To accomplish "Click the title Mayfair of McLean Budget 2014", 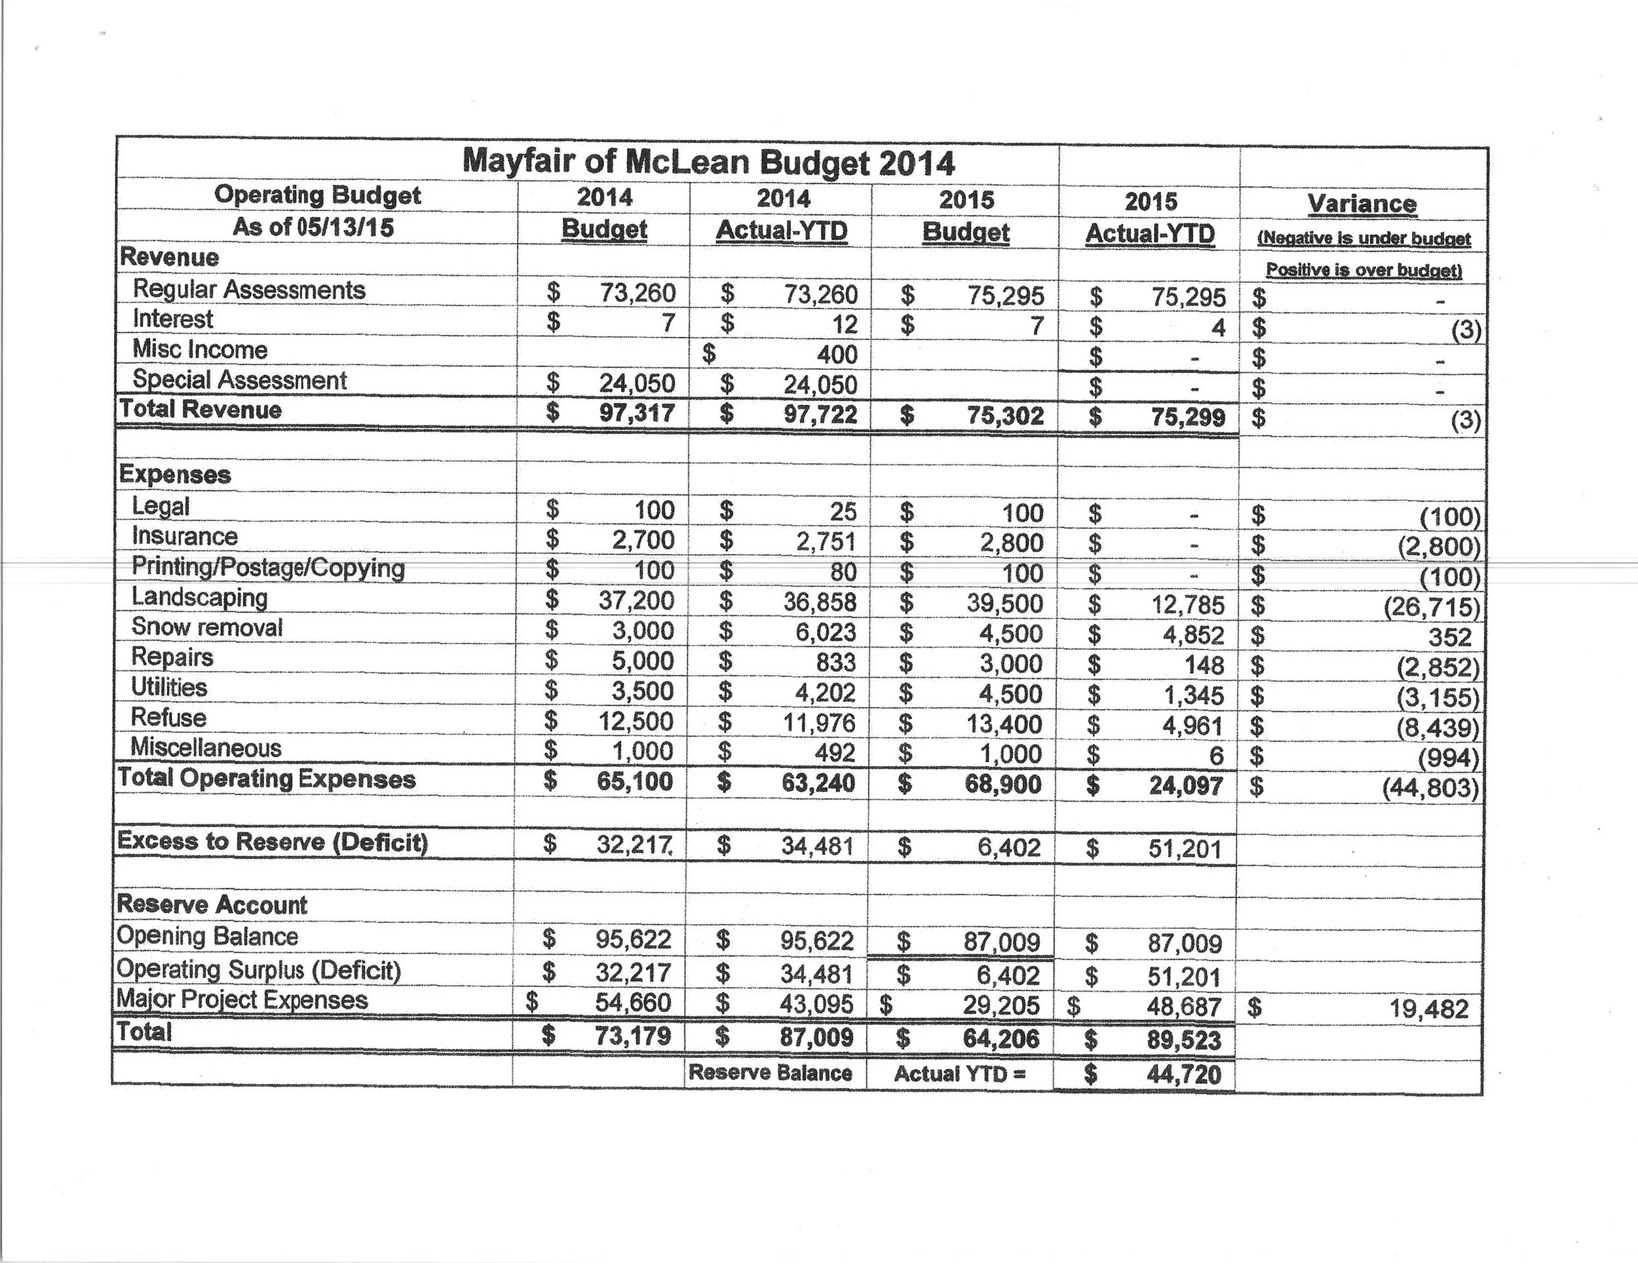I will coord(708,162).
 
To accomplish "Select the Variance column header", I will coord(1362,203).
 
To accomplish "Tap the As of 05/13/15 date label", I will coord(313,227).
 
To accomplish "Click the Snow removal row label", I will coord(207,627).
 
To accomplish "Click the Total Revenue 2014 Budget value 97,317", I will coord(637,412).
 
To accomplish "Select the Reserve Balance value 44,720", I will coord(1183,1075).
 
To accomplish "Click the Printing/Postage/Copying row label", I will coord(268,568).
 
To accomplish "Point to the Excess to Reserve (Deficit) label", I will coord(273,842).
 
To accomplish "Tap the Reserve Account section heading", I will coord(212,904).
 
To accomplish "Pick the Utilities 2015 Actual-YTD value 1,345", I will coord(1193,695).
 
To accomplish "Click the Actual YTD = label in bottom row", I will coord(959,1074).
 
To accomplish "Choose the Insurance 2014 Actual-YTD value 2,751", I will coord(826,542).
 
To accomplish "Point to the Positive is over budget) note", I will coord(1363,269).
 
